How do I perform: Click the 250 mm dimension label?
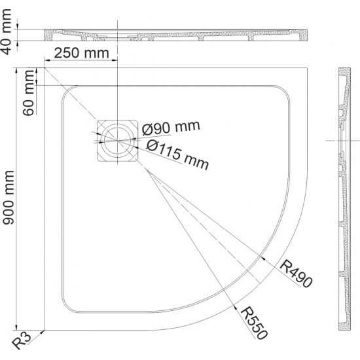point(82,53)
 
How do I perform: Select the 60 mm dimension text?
point(29,93)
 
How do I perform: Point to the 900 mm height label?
point(9,198)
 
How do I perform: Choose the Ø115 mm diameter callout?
point(177,154)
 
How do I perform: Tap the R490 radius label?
point(296,273)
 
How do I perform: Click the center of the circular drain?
point(118,140)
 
